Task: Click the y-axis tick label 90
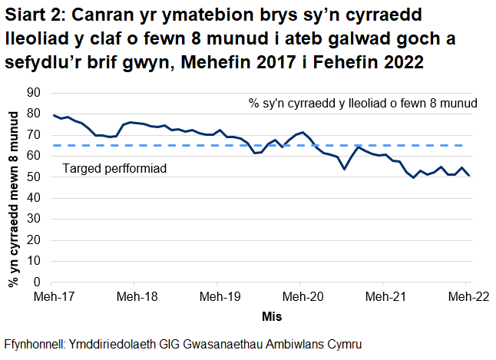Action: tap(33, 93)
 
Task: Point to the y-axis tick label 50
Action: tap(33, 177)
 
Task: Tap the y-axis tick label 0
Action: tap(36, 282)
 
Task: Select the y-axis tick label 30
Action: tap(33, 220)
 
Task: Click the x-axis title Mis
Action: tap(273, 315)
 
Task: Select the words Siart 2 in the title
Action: tap(37, 16)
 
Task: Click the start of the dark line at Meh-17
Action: tap(54, 115)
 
